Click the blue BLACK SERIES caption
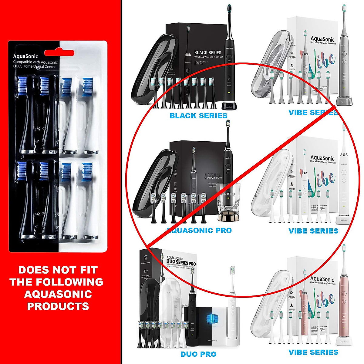coord(198,116)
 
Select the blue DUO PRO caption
coord(198,354)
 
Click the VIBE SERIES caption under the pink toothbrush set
coord(313,352)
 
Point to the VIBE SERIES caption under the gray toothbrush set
coord(313,113)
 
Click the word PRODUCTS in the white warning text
coord(58,306)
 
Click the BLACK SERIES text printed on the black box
coord(208,52)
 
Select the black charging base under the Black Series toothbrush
coord(229,106)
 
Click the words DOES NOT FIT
coord(58,270)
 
